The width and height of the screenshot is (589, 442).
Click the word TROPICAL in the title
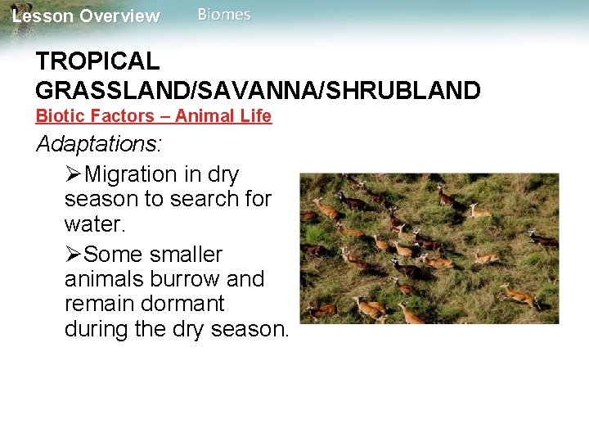pyautogui.click(x=97, y=61)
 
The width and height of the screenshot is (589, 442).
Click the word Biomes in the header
pyautogui.click(x=224, y=15)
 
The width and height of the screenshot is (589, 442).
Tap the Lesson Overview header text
pyautogui.click(x=86, y=16)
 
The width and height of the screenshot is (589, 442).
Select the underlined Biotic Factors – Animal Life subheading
pyautogui.click(x=154, y=116)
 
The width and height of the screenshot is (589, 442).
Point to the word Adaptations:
pyautogui.click(x=99, y=145)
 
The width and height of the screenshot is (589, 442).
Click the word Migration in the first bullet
pyautogui.click(x=131, y=174)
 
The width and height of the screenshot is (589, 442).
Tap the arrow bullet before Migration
pyautogui.click(x=74, y=174)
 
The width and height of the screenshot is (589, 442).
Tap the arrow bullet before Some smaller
pyautogui.click(x=74, y=254)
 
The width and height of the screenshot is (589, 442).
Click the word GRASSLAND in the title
pyautogui.click(x=106, y=91)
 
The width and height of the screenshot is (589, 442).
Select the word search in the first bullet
pyautogui.click(x=198, y=199)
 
